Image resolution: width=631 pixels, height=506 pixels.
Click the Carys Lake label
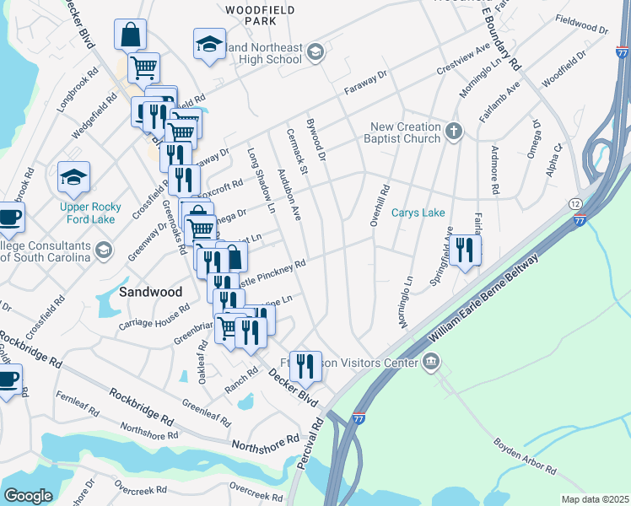pos(418,213)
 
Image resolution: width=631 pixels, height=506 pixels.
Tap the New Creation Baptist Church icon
pos(454,131)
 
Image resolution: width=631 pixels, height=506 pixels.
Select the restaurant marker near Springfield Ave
pos(465,250)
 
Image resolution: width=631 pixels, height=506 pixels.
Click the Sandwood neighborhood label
pos(150,292)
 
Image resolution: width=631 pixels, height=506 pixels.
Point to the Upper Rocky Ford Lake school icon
pos(73,177)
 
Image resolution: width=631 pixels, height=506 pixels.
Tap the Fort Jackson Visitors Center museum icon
pos(431,363)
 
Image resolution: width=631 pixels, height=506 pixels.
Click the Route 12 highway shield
pos(574,204)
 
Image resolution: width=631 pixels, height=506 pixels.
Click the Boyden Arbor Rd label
pos(525,455)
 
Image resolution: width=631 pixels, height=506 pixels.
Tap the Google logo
pos(28,496)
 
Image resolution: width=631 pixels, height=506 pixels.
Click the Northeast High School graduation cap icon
pos(315,53)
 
